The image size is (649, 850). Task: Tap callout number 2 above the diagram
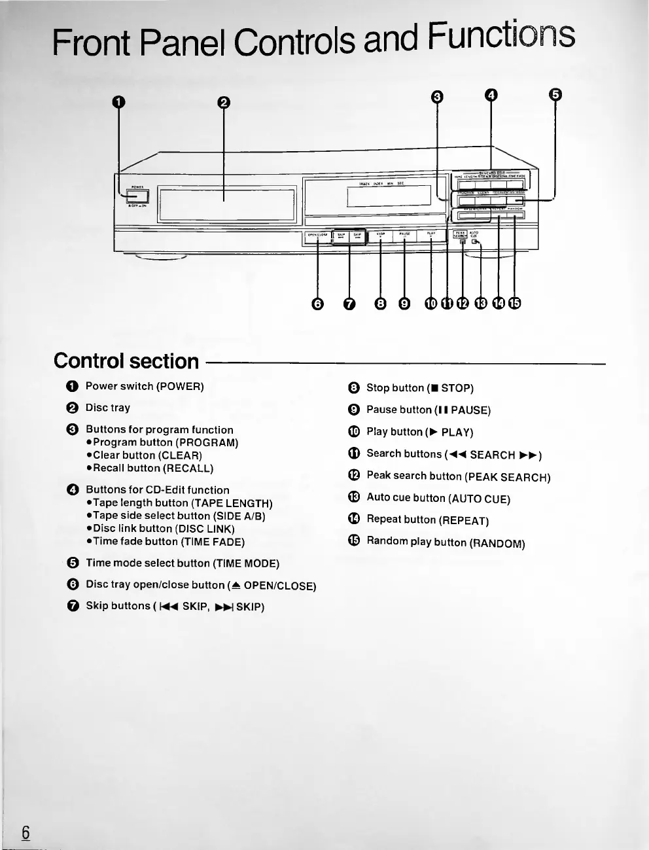tap(224, 103)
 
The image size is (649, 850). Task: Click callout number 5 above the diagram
tap(555, 95)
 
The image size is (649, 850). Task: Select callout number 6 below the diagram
tap(318, 304)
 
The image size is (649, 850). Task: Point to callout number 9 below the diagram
tap(404, 304)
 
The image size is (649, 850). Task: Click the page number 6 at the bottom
tap(26, 832)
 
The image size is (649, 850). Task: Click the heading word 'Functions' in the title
tap(501, 37)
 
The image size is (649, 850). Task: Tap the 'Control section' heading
tap(126, 361)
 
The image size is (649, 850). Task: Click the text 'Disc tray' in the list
tap(108, 408)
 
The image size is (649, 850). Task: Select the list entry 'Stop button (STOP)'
tap(419, 388)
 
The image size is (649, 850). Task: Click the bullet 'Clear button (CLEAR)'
tap(147, 455)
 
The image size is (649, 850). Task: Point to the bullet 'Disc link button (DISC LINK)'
tap(164, 529)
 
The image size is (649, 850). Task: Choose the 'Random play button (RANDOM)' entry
tap(446, 542)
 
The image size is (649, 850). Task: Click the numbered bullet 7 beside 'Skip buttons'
tap(73, 606)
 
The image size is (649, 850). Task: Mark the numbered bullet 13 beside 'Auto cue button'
tap(354, 497)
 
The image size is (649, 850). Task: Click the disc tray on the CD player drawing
tap(226, 205)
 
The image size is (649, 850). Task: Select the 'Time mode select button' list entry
tap(183, 563)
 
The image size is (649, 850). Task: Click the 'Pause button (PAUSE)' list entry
tap(428, 410)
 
